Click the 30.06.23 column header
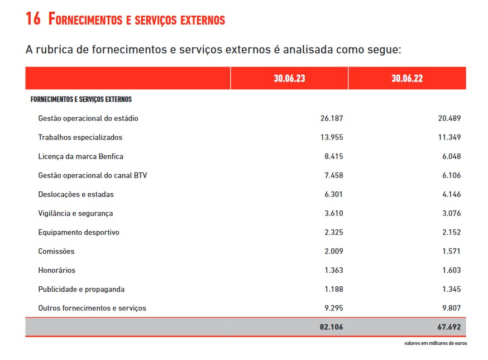tap(289, 78)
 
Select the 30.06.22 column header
tap(407, 78)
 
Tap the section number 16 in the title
tap(33, 18)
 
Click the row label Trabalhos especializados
tap(80, 137)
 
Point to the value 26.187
tap(332, 118)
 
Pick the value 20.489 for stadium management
tap(449, 118)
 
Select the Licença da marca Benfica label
tap(80, 156)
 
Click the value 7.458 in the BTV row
tap(334, 175)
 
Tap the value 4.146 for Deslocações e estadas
tap(452, 194)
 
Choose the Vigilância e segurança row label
tap(75, 213)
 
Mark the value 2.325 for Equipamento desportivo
tap(334, 232)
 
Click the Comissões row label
tap(56, 251)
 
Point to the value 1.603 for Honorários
tap(452, 270)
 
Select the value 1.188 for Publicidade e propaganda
tap(334, 289)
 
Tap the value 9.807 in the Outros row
tap(452, 308)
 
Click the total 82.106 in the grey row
tap(331, 327)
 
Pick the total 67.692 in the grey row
tap(449, 327)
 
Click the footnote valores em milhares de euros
tap(436, 343)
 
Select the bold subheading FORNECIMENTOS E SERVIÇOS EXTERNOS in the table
tap(81, 99)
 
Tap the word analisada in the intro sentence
tap(308, 49)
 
